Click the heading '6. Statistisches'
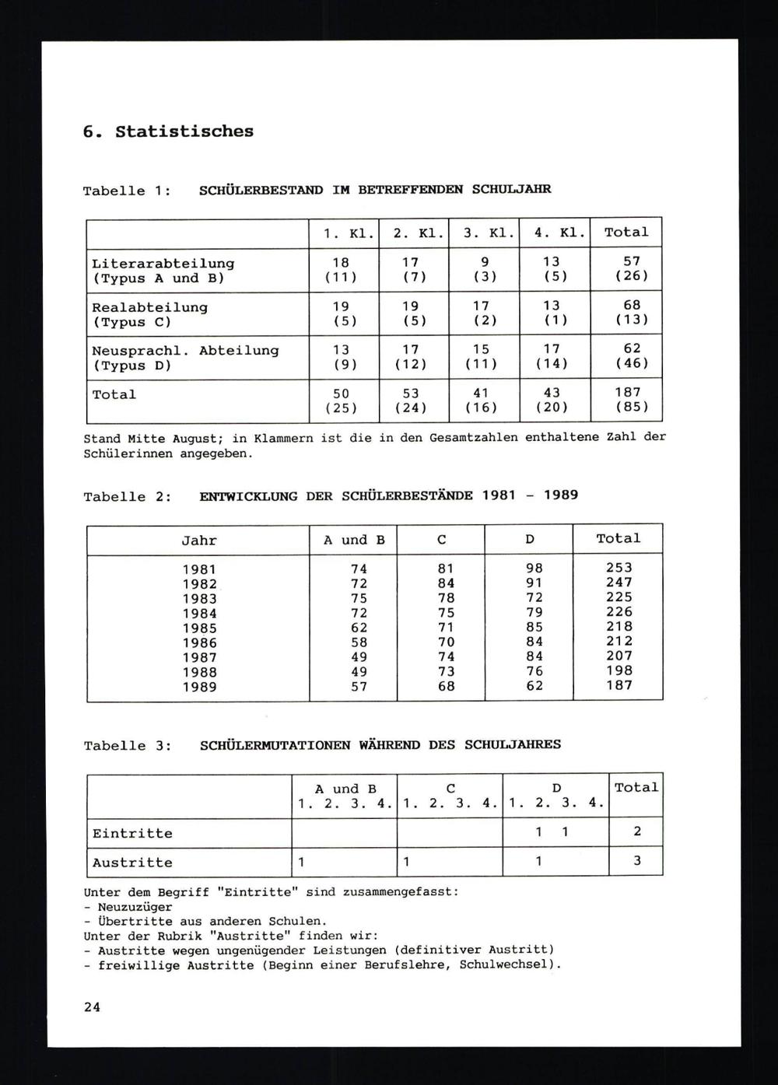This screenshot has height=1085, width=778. click(168, 131)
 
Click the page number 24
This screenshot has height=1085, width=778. click(92, 1006)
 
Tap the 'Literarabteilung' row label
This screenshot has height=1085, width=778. click(163, 264)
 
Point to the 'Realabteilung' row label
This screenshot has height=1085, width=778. click(149, 307)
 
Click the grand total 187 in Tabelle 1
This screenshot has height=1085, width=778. click(627, 393)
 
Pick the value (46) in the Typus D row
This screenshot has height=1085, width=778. click(631, 363)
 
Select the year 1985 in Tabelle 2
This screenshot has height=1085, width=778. click(199, 628)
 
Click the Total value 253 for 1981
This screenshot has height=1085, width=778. click(619, 568)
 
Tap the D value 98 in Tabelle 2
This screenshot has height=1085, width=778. click(534, 569)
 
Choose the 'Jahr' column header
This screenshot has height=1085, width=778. click(198, 541)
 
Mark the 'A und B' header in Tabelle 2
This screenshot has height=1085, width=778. click(354, 540)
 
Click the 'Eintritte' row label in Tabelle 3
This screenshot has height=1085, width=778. click(132, 833)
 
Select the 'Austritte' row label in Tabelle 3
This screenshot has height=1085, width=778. click(132, 863)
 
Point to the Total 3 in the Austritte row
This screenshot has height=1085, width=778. click(636, 861)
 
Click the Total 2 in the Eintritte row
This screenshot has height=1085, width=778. click(636, 831)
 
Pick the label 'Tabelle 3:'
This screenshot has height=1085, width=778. click(128, 746)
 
